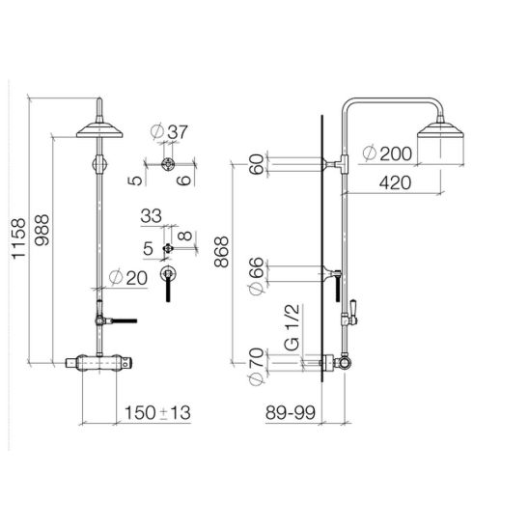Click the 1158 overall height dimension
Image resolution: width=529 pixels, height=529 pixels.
[x=18, y=238]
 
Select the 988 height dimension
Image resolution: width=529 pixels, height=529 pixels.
[x=42, y=230]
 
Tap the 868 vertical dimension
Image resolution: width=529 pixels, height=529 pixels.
[x=222, y=252]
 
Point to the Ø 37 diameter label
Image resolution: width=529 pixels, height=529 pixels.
[x=169, y=131]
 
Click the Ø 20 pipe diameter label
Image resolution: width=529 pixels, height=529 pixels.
[x=128, y=278]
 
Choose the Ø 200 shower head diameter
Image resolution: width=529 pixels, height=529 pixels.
[x=387, y=153]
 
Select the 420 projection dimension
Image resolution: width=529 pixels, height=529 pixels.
[x=396, y=182]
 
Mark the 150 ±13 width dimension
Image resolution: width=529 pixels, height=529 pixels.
[x=157, y=412]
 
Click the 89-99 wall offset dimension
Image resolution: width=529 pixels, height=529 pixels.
[x=291, y=412]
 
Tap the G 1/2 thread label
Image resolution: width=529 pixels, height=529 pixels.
[x=292, y=327]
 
